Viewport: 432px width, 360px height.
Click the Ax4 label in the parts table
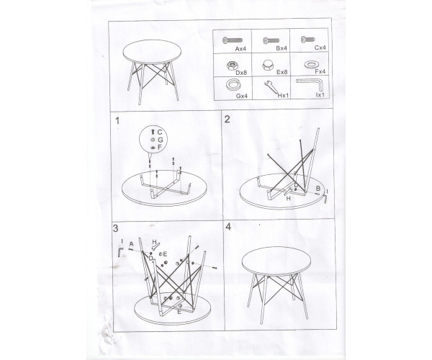click(x=240, y=49)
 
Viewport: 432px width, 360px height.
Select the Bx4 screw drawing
click(x=271, y=41)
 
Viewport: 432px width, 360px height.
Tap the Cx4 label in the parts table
click(x=320, y=48)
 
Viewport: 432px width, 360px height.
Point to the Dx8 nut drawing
click(x=232, y=66)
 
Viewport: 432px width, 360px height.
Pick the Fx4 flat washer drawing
click(x=311, y=65)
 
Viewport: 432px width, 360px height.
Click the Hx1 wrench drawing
click(x=272, y=88)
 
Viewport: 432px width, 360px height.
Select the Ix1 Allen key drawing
click(x=309, y=84)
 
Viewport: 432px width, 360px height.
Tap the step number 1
click(x=117, y=121)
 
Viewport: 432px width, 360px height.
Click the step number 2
click(x=228, y=120)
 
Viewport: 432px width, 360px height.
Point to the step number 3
click(x=115, y=228)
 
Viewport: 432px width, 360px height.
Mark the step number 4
click(x=228, y=227)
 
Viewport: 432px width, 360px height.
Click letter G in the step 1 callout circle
click(x=161, y=140)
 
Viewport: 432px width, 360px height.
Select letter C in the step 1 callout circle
click(x=160, y=132)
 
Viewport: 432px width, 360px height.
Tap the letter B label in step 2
click(x=318, y=189)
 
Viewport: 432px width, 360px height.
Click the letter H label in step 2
click(x=288, y=199)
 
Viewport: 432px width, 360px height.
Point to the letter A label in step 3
click(x=132, y=244)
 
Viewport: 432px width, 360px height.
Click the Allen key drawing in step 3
click(x=121, y=251)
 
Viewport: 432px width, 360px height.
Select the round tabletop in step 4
click(x=276, y=261)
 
